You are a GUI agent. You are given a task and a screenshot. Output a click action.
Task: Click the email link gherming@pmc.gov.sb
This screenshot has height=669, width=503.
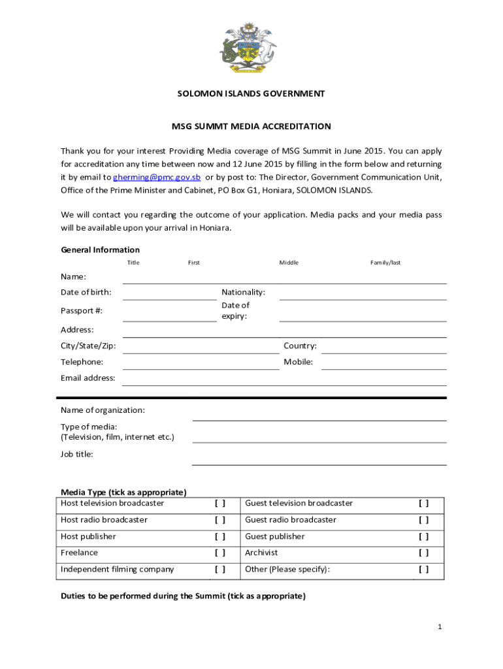tap(157, 177)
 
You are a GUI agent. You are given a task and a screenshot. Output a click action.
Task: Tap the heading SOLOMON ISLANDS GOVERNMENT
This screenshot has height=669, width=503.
tap(252, 93)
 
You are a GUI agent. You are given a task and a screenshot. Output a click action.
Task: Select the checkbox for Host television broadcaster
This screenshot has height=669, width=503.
tap(220, 504)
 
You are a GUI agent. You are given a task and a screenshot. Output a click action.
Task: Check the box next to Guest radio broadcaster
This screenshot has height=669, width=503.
tap(424, 520)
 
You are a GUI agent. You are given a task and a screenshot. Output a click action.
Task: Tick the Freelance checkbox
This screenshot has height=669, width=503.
tap(220, 553)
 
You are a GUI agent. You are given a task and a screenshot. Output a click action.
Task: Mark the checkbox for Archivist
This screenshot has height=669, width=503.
tap(424, 553)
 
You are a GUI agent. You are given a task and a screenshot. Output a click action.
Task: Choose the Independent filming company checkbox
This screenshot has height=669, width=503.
tap(220, 569)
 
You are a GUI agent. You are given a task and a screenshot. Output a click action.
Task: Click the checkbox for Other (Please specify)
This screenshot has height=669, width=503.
tap(424, 569)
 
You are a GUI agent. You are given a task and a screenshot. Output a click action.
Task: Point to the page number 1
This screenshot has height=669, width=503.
tap(440, 627)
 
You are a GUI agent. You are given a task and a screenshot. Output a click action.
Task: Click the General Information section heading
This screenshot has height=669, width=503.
tap(100, 250)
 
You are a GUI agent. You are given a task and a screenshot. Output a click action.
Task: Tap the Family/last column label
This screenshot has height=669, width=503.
tap(385, 263)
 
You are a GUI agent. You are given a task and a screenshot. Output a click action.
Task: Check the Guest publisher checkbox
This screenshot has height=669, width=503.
tap(424, 536)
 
